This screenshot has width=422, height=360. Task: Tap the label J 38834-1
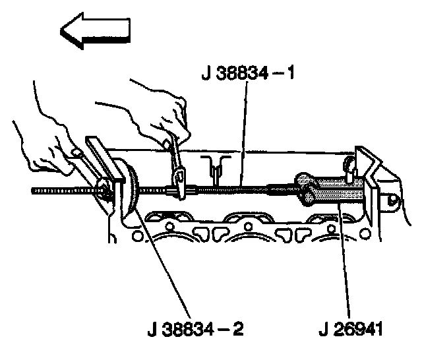pyautogui.click(x=248, y=73)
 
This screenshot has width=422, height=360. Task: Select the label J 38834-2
pyautogui.click(x=196, y=329)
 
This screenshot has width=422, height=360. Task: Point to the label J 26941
pyautogui.click(x=351, y=329)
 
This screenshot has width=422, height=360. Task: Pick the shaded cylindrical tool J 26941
pyautogui.click(x=330, y=190)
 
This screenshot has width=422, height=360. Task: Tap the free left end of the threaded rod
pyautogui.click(x=32, y=191)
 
